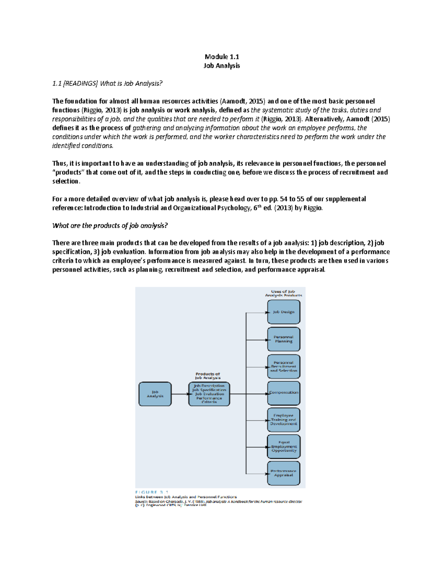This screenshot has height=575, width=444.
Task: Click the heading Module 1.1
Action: pyautogui.click(x=222, y=57)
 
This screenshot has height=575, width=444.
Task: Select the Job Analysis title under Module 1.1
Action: pyautogui.click(x=222, y=66)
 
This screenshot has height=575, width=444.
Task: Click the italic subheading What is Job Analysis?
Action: pyautogui.click(x=107, y=83)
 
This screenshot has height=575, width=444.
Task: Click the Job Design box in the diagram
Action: pyautogui.click(x=284, y=312)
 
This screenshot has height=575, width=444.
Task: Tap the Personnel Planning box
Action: pyautogui.click(x=284, y=339)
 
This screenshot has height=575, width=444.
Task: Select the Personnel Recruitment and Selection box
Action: pyautogui.click(x=284, y=367)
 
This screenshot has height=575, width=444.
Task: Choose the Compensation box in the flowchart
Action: pyautogui.click(x=284, y=393)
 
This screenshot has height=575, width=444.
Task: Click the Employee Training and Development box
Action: pyautogui.click(x=284, y=420)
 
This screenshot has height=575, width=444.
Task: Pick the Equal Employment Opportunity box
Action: pyautogui.click(x=284, y=447)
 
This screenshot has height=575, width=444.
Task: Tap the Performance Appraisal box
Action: pyautogui.click(x=284, y=473)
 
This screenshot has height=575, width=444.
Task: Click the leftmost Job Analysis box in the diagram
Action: pyautogui.click(x=155, y=394)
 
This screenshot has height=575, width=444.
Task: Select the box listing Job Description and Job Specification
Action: pyautogui.click(x=209, y=394)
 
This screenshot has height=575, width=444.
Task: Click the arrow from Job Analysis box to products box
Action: pyautogui.click(x=180, y=394)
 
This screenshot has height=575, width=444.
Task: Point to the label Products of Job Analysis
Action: pyautogui.click(x=208, y=376)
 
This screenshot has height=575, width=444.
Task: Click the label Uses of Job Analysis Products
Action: pyautogui.click(x=283, y=293)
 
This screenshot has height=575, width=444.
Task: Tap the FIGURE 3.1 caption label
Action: pyautogui.click(x=152, y=492)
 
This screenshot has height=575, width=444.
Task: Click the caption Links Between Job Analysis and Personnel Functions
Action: pyautogui.click(x=186, y=497)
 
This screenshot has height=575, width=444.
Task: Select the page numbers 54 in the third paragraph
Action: pyautogui.click(x=284, y=199)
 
